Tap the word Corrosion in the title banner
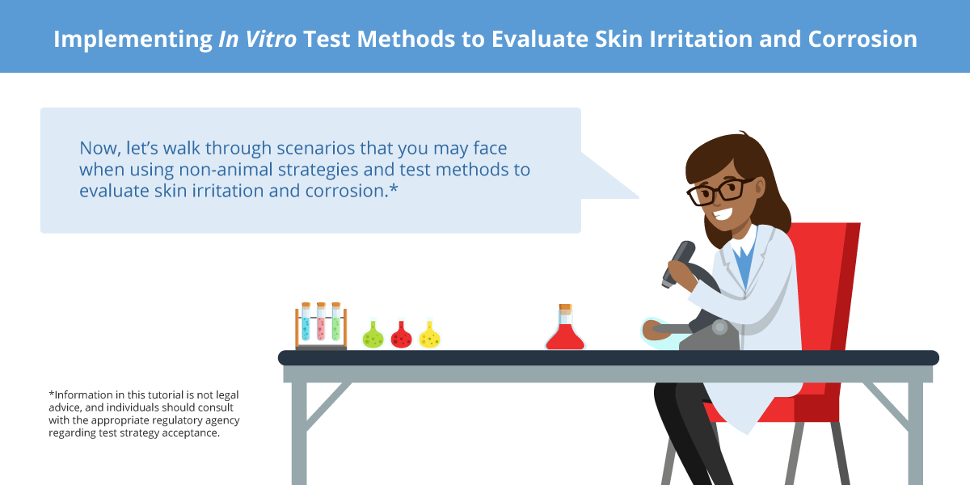[862, 39]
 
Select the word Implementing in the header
[133, 40]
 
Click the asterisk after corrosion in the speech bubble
[394, 189]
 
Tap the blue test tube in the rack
[306, 323]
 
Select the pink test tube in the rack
[321, 323]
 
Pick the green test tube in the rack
[336, 323]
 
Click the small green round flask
[373, 335]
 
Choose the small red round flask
[402, 335]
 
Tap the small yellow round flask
[429, 335]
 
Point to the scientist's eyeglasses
[719, 191]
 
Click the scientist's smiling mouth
[723, 213]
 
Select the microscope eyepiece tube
[677, 264]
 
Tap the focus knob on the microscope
[719, 327]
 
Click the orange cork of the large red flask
[565, 307]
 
